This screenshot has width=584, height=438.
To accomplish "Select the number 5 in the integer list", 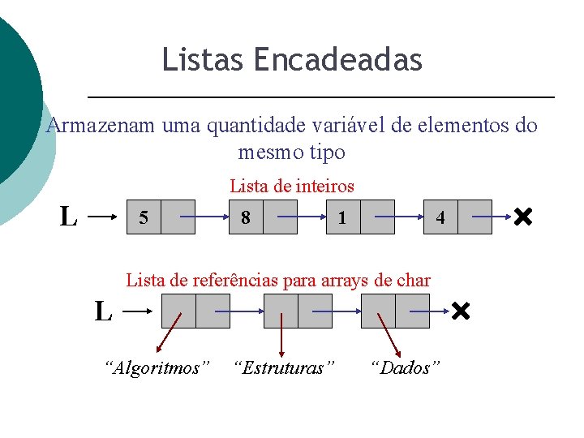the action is (144, 217).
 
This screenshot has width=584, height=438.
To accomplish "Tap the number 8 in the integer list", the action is (245, 217).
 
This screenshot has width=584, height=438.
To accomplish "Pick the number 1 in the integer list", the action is (343, 217).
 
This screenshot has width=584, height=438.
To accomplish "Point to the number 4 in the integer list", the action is (440, 217).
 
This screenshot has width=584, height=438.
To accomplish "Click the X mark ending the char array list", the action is (461, 311).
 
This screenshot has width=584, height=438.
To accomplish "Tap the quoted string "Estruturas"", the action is (283, 368).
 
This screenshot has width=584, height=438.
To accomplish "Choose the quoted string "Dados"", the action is (405, 368).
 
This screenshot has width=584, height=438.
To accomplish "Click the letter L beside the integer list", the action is (69, 217).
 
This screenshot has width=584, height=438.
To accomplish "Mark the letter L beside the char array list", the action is (103, 311).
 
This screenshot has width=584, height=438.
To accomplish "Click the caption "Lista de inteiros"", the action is (292, 187).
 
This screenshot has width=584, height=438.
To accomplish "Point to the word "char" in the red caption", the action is (413, 280).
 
